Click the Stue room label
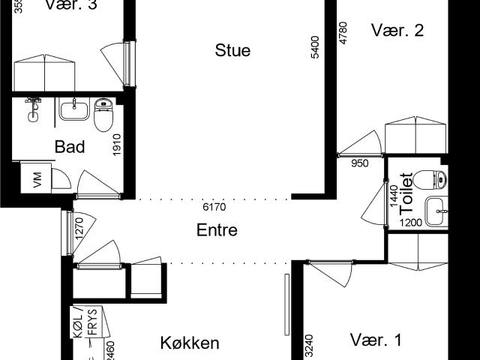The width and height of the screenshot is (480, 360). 232,51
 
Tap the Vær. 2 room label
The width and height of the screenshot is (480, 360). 398,31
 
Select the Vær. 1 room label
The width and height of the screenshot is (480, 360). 376,340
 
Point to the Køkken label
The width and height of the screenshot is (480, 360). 190,343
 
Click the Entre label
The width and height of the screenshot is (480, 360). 217,230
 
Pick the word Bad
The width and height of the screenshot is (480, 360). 70,146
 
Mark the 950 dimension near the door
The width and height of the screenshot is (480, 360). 359,163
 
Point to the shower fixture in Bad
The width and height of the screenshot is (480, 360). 32,108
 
